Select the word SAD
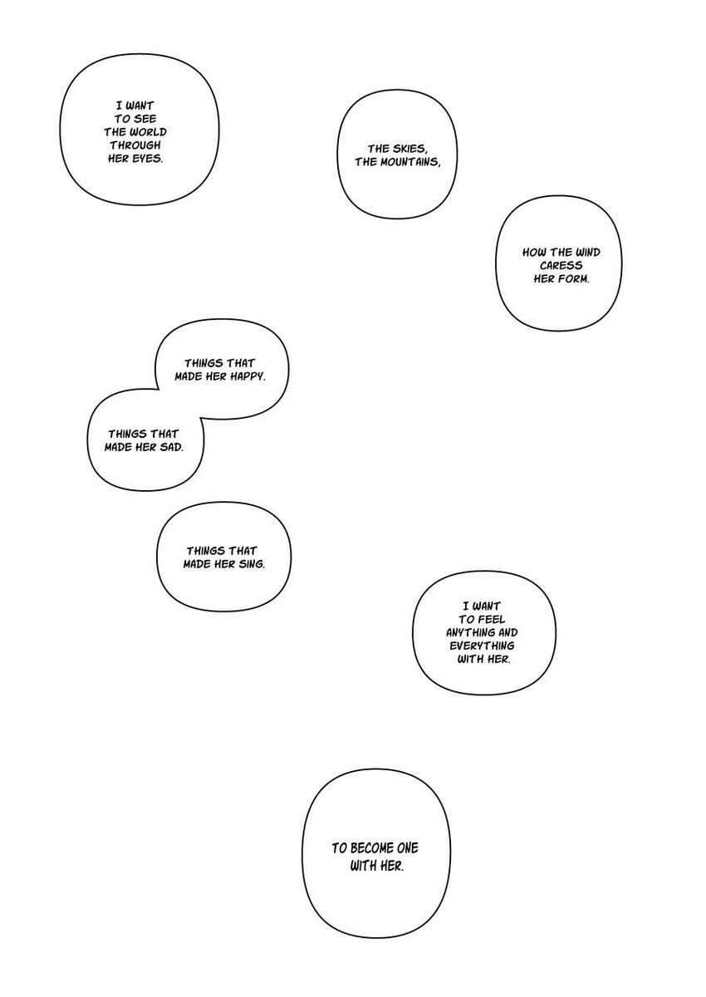pyautogui.click(x=169, y=446)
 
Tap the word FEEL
pyautogui.click(x=479, y=620)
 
